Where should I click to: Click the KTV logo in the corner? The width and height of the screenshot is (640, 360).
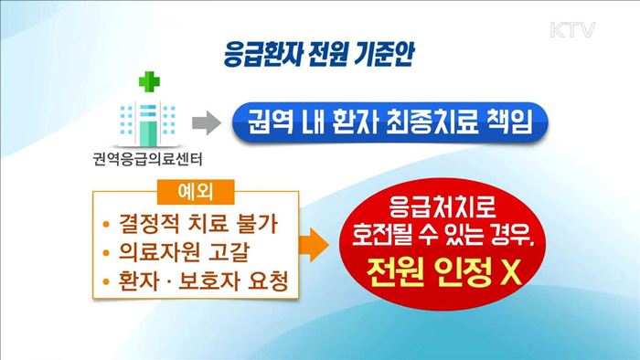point(572,30)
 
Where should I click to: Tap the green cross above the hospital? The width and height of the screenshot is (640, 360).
point(146,85)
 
